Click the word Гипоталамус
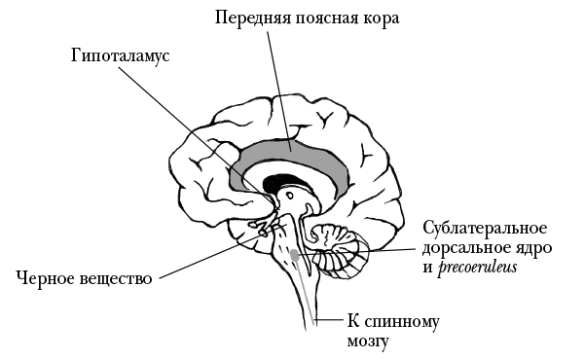point(120,55)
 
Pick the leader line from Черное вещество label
point(204,258)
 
